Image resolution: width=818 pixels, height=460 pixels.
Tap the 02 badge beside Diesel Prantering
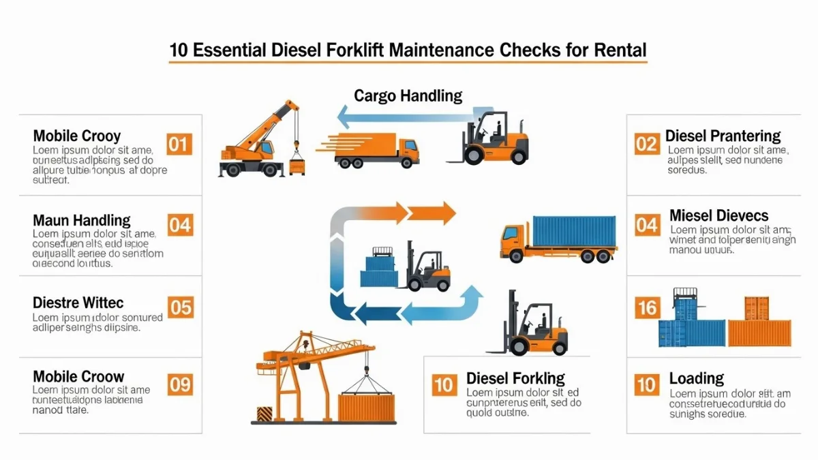coord(646,144)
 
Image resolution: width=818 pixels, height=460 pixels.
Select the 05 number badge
coord(181,307)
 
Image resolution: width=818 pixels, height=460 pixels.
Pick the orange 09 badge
coord(180,384)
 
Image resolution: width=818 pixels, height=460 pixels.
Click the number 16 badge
coord(646,307)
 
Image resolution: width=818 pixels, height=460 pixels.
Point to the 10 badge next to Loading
coord(646,384)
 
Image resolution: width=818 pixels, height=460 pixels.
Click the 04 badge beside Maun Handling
coord(180,224)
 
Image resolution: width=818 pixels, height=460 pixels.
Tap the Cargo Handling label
coord(408,95)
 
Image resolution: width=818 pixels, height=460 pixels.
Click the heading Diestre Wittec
coord(78,302)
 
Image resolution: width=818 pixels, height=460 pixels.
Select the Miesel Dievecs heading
coord(718,216)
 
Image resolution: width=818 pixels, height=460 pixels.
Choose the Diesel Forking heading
coord(515,378)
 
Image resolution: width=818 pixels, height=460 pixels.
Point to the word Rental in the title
coord(620,50)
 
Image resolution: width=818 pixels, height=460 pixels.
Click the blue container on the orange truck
coord(574,232)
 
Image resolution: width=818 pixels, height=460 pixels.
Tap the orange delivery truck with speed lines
coord(378,150)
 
